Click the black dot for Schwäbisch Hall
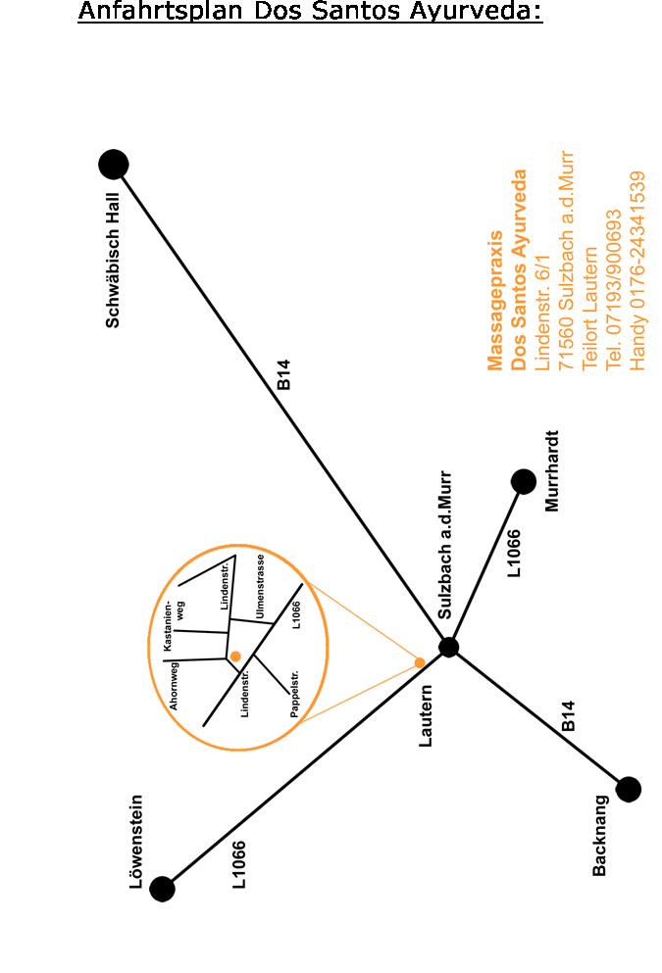(x=114, y=165)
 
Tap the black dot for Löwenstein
(x=162, y=889)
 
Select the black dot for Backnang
(x=629, y=790)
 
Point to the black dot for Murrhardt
(x=524, y=481)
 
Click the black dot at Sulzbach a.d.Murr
(x=448, y=648)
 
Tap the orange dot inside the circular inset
(x=235, y=657)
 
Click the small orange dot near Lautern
(x=420, y=662)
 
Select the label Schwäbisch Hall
(x=113, y=261)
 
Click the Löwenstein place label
(x=136, y=842)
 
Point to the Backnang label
(x=600, y=835)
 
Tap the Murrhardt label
(x=551, y=471)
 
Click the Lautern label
(x=426, y=715)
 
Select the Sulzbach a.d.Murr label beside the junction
(x=444, y=545)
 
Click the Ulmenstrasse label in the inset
(x=260, y=586)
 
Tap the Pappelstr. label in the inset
(x=294, y=694)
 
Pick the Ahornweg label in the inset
(x=174, y=686)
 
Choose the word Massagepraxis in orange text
(x=495, y=301)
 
